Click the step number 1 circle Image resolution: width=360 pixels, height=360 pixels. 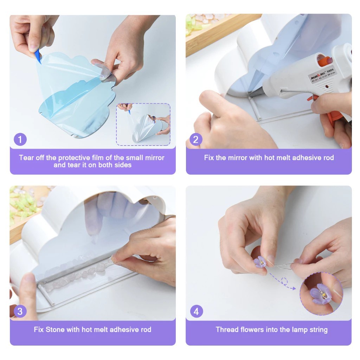pyautogui.click(x=20, y=139)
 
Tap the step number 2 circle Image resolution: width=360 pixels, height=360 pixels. pyautogui.click(x=196, y=139)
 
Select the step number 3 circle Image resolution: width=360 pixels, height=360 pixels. pyautogui.click(x=20, y=311)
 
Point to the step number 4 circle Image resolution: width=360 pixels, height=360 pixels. pyautogui.click(x=197, y=311)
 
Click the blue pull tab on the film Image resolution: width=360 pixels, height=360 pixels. pyautogui.click(x=38, y=57)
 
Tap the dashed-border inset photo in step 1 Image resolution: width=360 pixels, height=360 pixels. pyautogui.click(x=143, y=124)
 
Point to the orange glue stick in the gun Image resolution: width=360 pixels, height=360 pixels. pyautogui.click(x=325, y=60)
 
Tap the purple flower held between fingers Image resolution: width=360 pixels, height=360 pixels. pyautogui.click(x=260, y=262)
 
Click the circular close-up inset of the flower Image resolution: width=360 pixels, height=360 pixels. pyautogui.click(x=321, y=294)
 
